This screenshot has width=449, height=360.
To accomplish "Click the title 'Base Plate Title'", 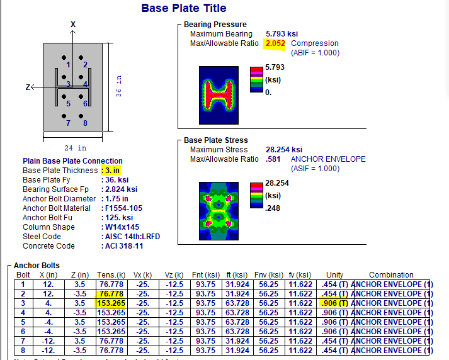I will [x=183, y=8].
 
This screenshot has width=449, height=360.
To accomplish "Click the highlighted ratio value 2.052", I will [x=275, y=43].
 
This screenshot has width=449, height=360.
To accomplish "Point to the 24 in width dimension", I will [x=73, y=149].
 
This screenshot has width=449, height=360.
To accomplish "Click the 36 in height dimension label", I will [x=118, y=86].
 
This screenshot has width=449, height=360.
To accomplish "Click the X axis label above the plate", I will [x=73, y=24].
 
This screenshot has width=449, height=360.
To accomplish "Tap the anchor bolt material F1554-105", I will [x=124, y=208].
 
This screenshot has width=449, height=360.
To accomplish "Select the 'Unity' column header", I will [x=334, y=275].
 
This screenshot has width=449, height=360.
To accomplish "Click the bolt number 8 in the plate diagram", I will [x=85, y=123].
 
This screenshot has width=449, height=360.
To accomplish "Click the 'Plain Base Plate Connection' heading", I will [x=72, y=161].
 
